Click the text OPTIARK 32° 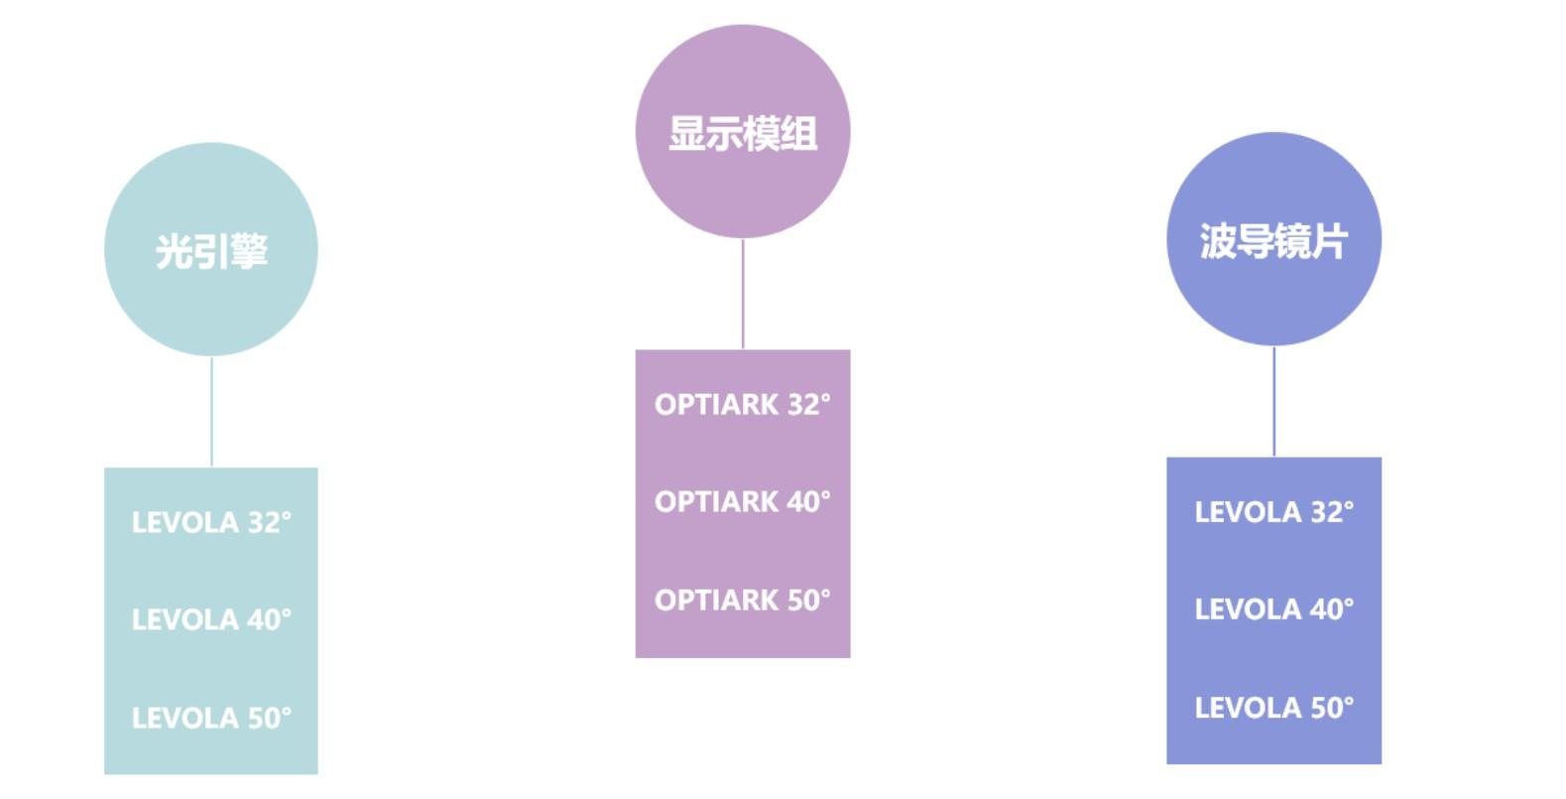click(x=742, y=404)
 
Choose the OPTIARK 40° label click(x=742, y=501)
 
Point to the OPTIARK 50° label click(x=742, y=599)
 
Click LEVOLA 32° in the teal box click(x=211, y=522)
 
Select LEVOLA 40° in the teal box click(x=211, y=619)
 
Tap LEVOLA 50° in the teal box click(x=211, y=718)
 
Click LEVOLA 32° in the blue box click(x=1273, y=512)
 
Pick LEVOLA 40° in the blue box click(x=1273, y=608)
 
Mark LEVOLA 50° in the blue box click(x=1273, y=708)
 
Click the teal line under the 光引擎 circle click(x=211, y=412)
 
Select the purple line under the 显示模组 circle click(x=743, y=294)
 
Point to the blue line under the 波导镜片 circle click(x=1274, y=402)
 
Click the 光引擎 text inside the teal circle click(x=211, y=251)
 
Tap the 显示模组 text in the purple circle click(x=742, y=133)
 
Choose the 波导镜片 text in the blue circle click(x=1273, y=241)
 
